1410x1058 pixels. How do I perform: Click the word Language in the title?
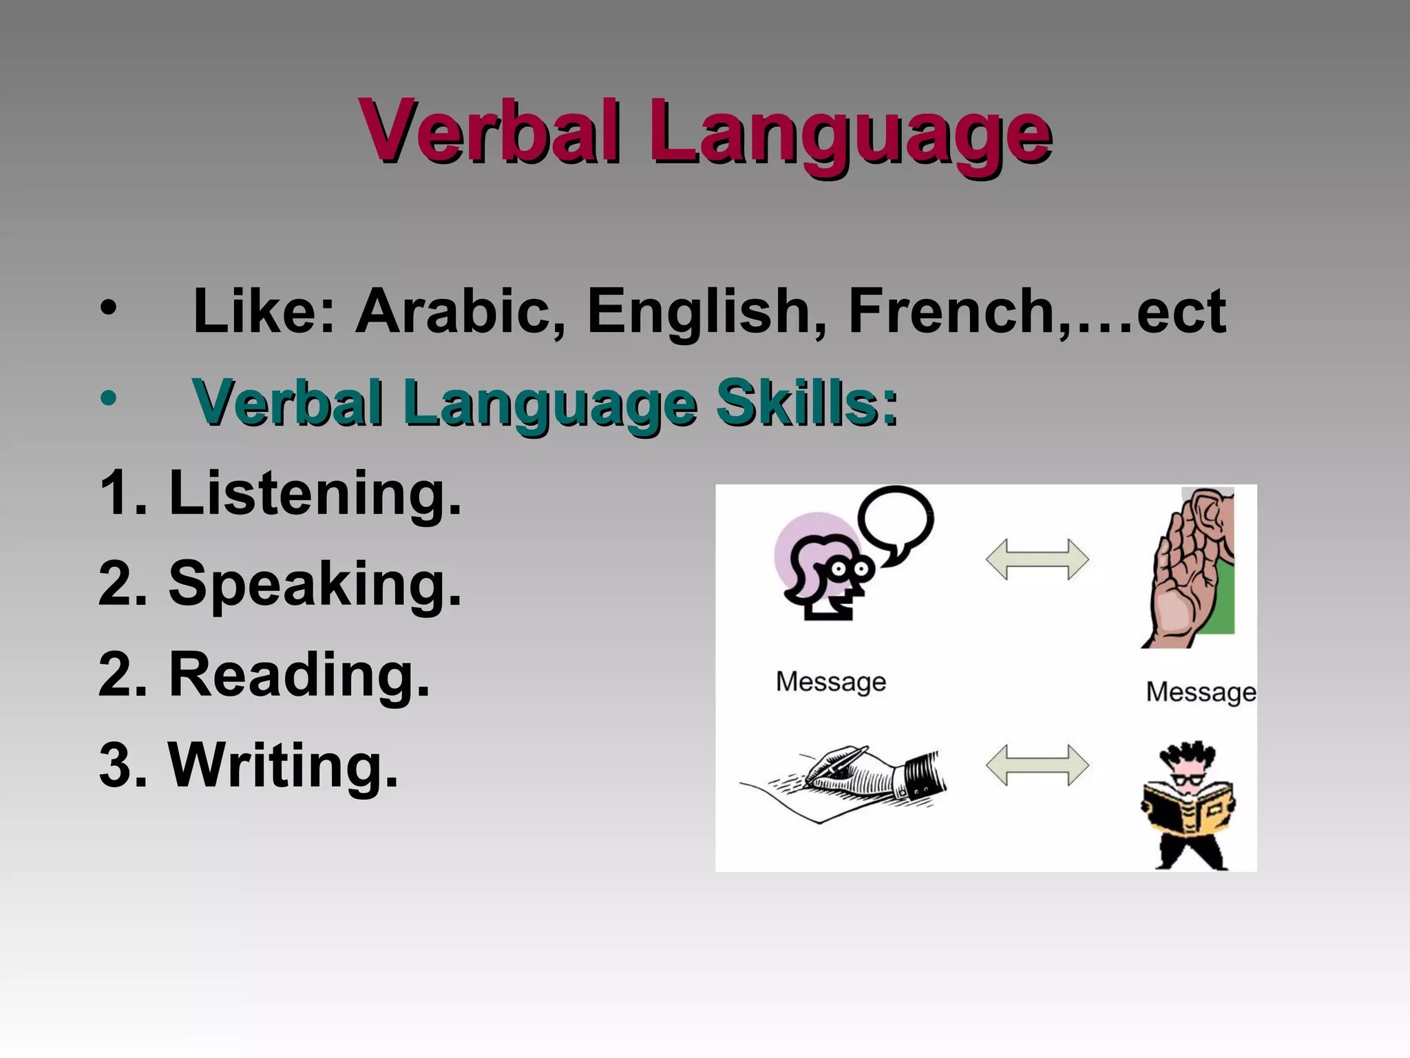tap(850, 134)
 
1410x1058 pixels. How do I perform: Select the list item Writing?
tap(283, 766)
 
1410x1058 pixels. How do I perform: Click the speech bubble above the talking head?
tap(896, 521)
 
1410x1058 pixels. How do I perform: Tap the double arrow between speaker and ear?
tap(1037, 559)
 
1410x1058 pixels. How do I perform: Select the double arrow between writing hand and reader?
tap(1037, 765)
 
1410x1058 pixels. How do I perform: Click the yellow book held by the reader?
tap(1188, 809)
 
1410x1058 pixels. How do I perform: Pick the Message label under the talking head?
tap(831, 682)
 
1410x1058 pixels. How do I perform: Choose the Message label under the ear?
tap(1201, 692)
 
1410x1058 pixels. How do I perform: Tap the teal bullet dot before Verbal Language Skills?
tap(108, 398)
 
